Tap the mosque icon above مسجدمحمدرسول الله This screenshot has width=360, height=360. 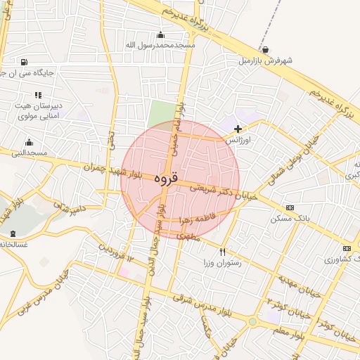160,34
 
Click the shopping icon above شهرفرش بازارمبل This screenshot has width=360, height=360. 264,49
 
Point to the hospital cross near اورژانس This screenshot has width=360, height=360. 238,129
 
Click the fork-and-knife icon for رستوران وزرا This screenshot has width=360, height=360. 223,252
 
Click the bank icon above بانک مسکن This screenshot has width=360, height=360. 289,207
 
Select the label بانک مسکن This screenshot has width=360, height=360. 287,219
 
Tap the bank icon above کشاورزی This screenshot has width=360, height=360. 346,248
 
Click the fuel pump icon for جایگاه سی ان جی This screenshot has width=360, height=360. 25,61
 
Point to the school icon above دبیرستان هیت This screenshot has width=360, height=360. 38,95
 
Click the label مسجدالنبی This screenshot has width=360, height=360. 29,153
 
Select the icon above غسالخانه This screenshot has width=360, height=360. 13,233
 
